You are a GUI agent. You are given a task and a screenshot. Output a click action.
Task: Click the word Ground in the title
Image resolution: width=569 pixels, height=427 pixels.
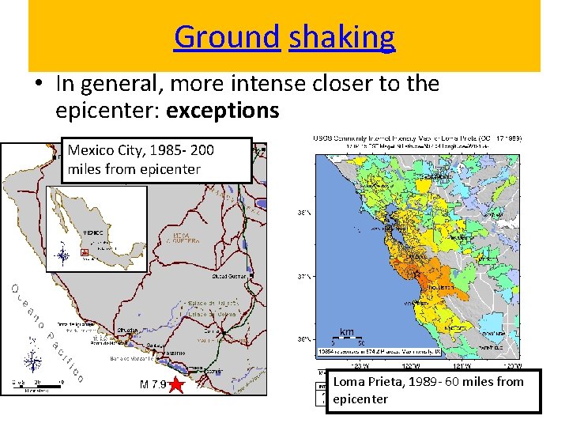pyautogui.click(x=228, y=36)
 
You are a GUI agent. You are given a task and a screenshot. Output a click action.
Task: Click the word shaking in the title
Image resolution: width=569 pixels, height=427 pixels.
pyautogui.click(x=341, y=36)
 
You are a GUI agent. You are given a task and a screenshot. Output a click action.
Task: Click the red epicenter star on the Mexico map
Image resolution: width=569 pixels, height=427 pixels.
pyautogui.click(x=175, y=386)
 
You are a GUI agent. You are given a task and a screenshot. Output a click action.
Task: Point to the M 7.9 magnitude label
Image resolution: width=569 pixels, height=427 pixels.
pyautogui.click(x=152, y=386)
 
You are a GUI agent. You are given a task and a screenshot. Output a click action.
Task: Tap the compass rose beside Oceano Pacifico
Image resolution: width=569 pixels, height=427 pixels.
pyautogui.click(x=33, y=362)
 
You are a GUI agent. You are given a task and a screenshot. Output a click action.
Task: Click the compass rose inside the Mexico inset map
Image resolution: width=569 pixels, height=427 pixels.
pyautogui.click(x=62, y=255)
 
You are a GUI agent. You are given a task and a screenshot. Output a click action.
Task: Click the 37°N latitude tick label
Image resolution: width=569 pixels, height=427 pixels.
pyautogui.click(x=302, y=277)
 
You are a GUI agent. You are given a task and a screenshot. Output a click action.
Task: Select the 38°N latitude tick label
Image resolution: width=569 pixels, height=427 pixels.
pyautogui.click(x=302, y=213)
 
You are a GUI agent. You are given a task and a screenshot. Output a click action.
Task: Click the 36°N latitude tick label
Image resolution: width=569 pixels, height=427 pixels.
pyautogui.click(x=302, y=340)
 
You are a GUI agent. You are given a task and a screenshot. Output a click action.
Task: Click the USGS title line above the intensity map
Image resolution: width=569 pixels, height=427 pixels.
pyautogui.click(x=417, y=138)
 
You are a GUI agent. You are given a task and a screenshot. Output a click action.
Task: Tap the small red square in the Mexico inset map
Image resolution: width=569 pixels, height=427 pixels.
pyautogui.click(x=85, y=253)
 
